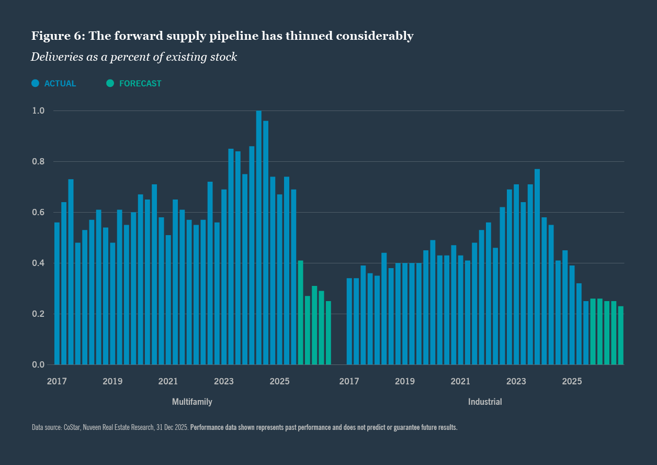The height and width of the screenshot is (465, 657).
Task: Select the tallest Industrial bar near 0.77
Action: point(537,267)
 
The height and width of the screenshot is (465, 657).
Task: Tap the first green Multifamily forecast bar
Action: point(301,313)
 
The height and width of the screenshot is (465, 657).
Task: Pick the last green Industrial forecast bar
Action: point(621,335)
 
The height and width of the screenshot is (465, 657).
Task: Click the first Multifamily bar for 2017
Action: point(57,293)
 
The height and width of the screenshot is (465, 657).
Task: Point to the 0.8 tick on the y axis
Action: point(39,162)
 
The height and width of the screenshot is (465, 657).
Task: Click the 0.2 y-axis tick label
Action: point(39,314)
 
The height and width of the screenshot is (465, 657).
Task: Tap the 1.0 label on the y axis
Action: point(39,111)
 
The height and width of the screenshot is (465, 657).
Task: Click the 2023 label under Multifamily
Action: point(224,381)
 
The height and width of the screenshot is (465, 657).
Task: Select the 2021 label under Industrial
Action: point(460,381)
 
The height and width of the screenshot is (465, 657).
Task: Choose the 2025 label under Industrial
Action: point(572,381)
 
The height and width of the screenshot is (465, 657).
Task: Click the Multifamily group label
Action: point(192,402)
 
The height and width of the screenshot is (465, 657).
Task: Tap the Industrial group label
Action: point(485,402)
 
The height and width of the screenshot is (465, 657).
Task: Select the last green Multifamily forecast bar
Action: point(328,333)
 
